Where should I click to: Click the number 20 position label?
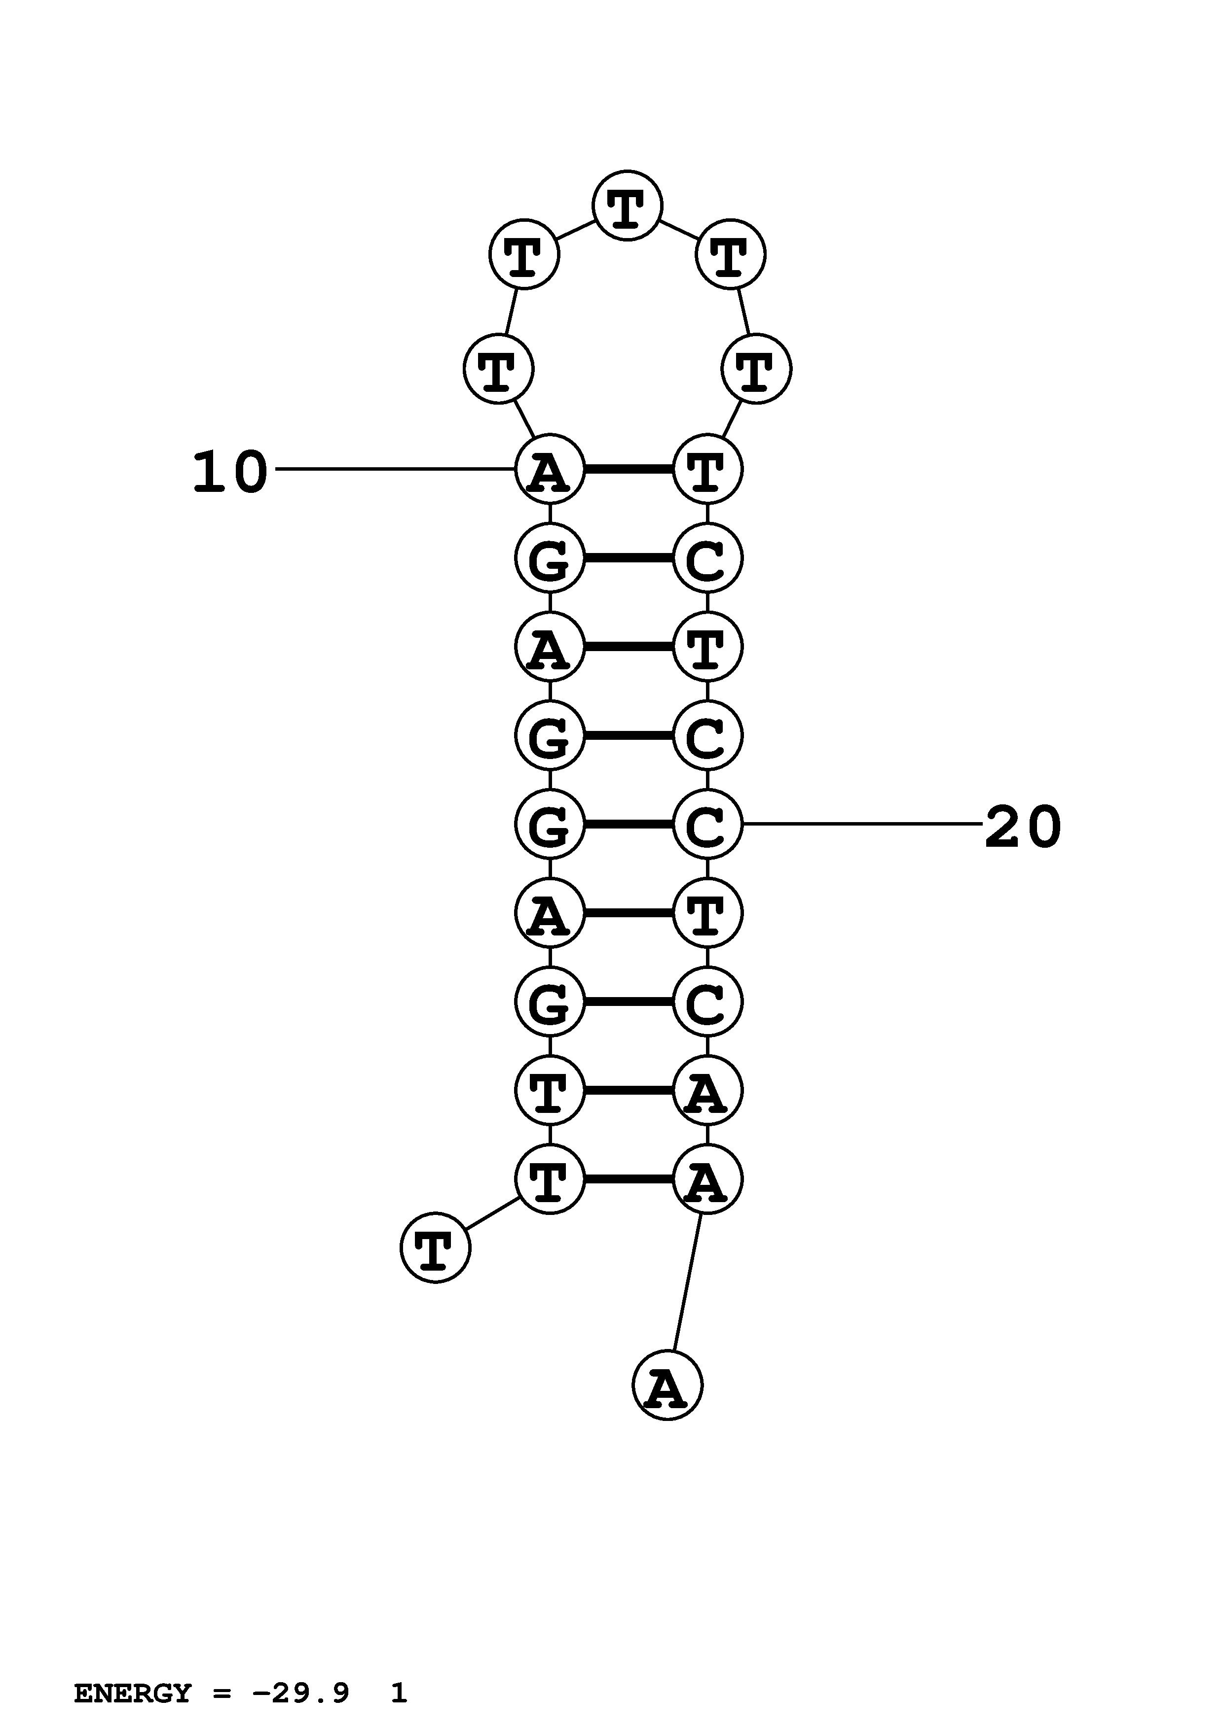[1023, 828]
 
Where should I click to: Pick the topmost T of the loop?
[627, 206]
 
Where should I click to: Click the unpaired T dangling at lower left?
[435, 1248]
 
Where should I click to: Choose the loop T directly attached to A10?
[498, 369]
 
